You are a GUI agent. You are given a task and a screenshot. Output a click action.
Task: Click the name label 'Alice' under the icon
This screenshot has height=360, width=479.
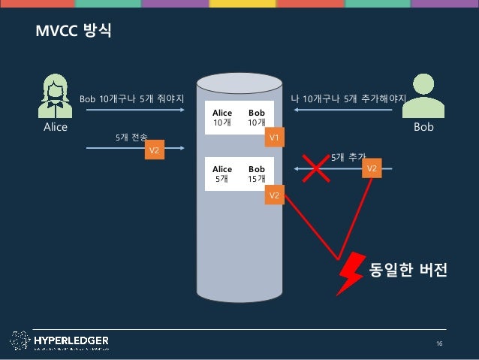pos(55,127)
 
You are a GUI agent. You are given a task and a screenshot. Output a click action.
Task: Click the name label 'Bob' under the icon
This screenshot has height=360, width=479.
pos(423,127)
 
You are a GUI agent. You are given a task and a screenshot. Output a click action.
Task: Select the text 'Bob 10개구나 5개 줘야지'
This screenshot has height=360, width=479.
pos(132,98)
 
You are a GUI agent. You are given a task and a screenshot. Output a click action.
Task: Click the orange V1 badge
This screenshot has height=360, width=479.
pos(274,138)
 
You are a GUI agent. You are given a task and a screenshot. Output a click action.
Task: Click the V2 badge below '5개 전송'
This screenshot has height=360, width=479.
pos(154,151)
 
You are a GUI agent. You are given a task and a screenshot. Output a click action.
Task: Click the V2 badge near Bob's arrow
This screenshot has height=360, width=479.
pos(370,170)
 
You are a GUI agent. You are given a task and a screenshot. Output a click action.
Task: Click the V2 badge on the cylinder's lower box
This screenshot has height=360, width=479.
pos(274,196)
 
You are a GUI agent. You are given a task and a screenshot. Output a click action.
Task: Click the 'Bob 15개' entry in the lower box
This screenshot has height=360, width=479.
pos(257,174)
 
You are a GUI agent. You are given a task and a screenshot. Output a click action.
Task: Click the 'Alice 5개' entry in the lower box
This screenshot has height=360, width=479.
pos(222,174)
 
